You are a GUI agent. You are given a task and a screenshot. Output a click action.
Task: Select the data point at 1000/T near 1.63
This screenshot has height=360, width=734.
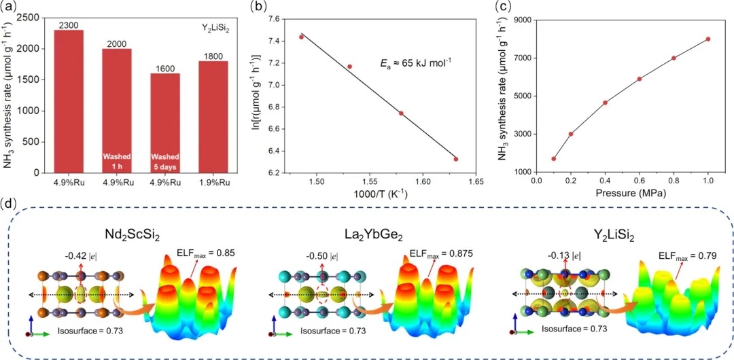455,159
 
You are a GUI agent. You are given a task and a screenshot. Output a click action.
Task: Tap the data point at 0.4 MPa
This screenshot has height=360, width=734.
605,103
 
